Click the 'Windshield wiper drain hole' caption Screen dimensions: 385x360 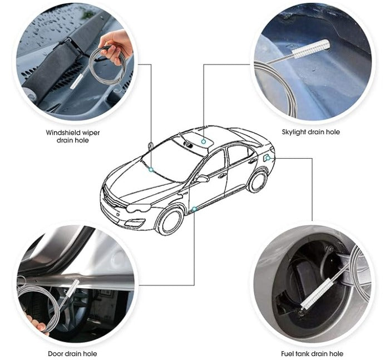[x=73, y=136]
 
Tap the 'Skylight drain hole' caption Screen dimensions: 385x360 [x=311, y=132]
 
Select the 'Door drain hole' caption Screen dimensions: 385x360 [x=72, y=354]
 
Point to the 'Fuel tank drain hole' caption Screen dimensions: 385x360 [x=312, y=354]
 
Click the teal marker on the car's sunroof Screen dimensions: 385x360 [x=203, y=141]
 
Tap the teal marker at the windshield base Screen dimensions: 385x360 [x=151, y=170]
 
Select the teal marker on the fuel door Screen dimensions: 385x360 [x=268, y=159]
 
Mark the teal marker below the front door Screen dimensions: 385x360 [x=194, y=209]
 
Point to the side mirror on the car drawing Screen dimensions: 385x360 [x=201, y=179]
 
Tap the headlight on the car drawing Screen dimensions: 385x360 [x=139, y=208]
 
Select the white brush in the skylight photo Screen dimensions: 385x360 [x=310, y=48]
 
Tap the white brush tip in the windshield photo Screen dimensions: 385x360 [x=77, y=81]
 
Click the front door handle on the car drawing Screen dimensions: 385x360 [x=222, y=176]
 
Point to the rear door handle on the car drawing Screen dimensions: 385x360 [x=253, y=161]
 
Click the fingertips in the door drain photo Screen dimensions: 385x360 [x=37, y=324]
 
